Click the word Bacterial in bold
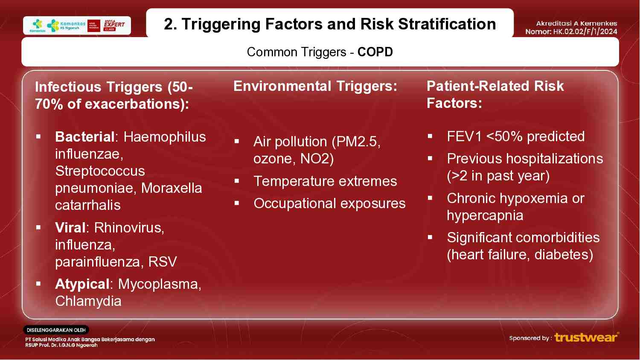pos(84,137)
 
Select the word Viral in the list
pos(70,228)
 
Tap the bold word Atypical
pos(82,284)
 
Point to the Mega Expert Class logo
pos(114,25)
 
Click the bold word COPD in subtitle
pos(375,52)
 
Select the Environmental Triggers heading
pos(315,86)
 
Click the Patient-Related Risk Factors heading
pos(495,95)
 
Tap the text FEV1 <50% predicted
pos(515,136)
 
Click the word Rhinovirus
pos(129,228)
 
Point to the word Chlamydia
pos(88,301)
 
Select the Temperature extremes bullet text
pos(325,181)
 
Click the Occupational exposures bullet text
pos(329,203)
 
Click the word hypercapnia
pos(485,215)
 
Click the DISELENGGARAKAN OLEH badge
pos(56,330)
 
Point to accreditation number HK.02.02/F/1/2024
pos(585,32)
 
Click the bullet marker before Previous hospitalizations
pos(430,158)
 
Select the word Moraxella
pos(172,188)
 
